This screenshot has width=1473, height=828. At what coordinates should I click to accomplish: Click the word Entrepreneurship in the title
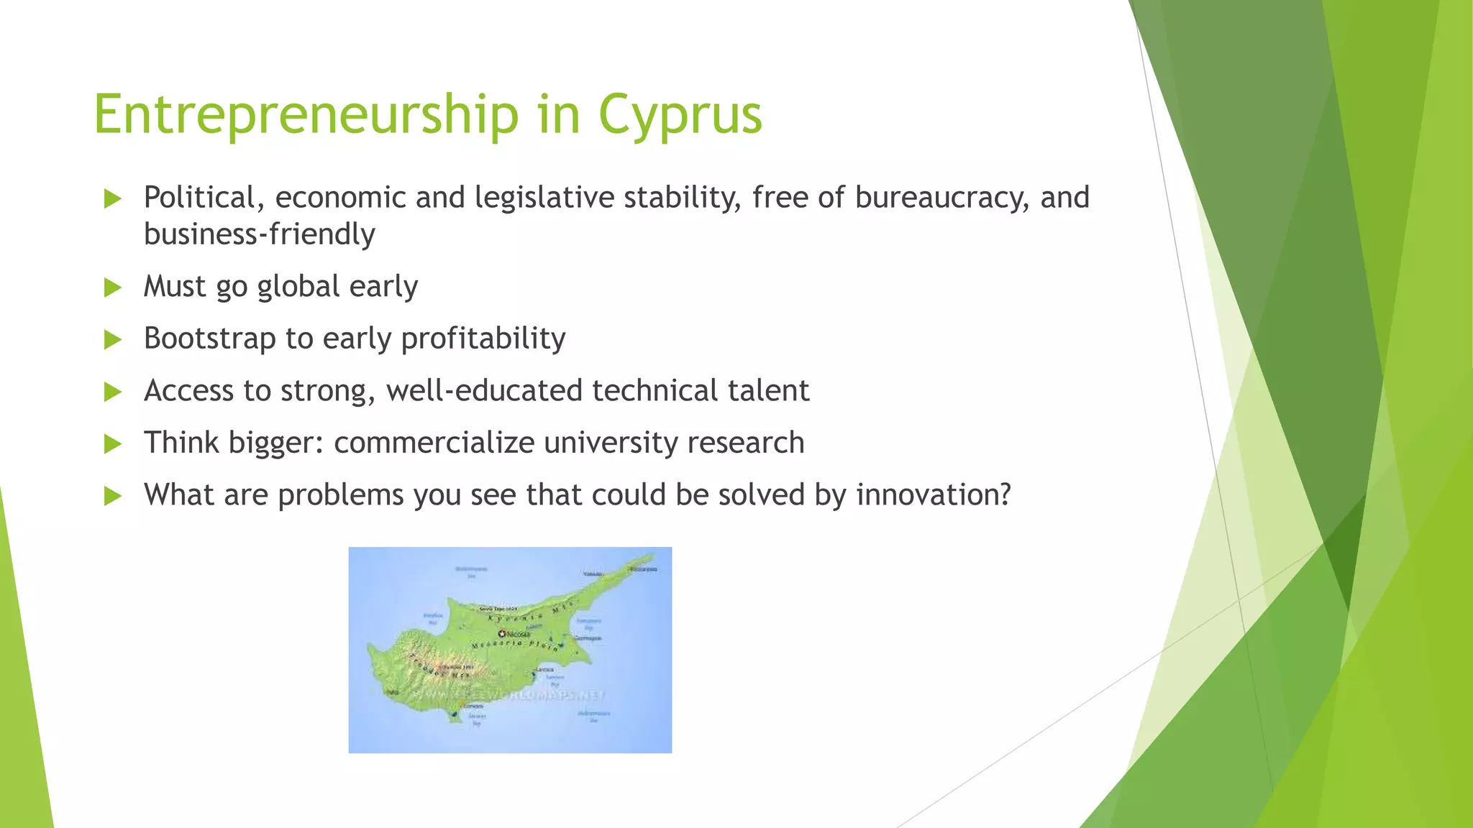pos(306,115)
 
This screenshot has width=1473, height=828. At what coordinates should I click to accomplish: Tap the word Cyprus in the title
pos(679,115)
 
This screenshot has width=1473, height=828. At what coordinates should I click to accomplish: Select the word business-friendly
pos(259,234)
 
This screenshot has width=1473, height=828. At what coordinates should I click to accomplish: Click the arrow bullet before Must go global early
pos(113,287)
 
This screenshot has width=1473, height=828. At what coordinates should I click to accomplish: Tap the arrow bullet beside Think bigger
pos(113,443)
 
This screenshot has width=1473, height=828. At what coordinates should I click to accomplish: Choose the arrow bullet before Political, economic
pos(113,198)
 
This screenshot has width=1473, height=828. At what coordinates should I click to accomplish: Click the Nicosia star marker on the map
pos(502,633)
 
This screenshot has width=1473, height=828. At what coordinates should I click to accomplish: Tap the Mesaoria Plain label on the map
pos(514,645)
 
